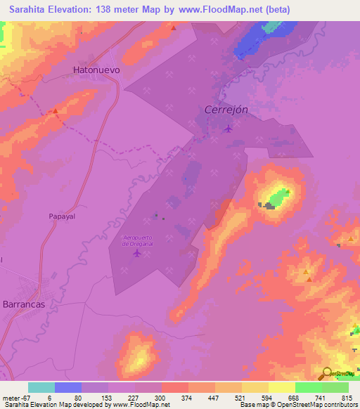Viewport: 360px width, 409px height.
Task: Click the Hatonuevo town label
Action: [x=96, y=70]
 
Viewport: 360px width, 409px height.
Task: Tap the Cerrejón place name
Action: [x=226, y=110]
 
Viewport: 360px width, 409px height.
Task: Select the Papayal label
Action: [x=61, y=217]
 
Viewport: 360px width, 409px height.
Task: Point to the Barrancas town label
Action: [x=29, y=306]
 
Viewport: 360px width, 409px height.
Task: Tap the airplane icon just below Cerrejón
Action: [x=227, y=128]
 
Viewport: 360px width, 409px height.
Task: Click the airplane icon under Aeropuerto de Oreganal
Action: [x=137, y=253]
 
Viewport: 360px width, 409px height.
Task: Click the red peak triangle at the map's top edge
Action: [x=173, y=27]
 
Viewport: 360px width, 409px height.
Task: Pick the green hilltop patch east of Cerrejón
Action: [x=280, y=196]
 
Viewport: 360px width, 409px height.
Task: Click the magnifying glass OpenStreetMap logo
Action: [x=327, y=373]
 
